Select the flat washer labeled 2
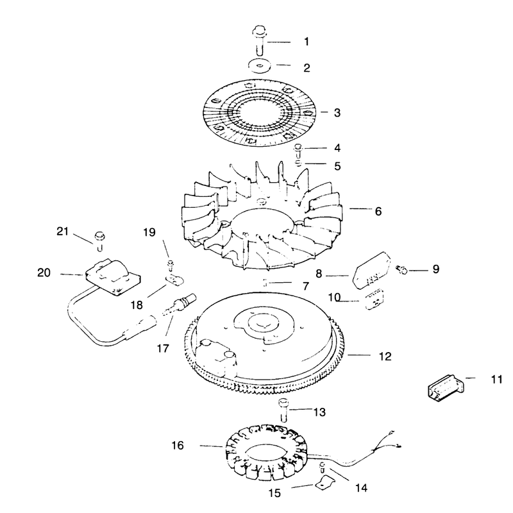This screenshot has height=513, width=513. click(260, 66)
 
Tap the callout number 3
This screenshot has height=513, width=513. click(337, 113)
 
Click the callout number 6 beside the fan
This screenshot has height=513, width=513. click(378, 212)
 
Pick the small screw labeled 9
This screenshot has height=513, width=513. click(403, 270)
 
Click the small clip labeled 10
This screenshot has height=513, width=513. click(374, 299)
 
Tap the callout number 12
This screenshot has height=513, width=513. click(385, 357)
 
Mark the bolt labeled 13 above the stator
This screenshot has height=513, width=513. click(283, 409)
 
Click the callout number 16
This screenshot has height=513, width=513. click(178, 445)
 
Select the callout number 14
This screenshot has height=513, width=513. click(361, 488)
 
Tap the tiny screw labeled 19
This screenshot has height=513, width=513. click(170, 265)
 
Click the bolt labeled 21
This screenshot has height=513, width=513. click(99, 241)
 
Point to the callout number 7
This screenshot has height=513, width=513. click(306, 286)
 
